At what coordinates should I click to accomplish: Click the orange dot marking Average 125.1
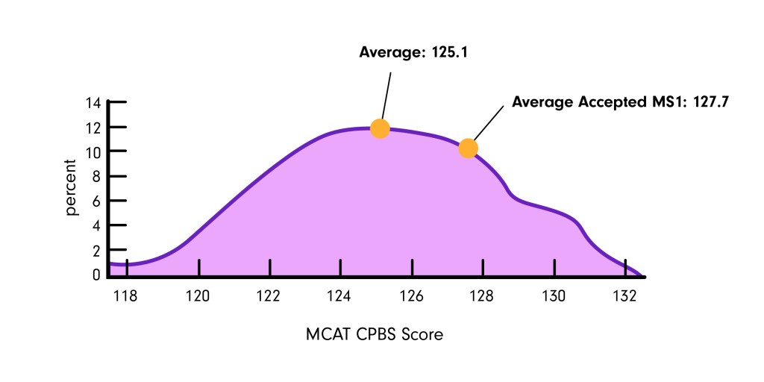coord(380,128)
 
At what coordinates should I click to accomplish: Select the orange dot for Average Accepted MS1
coord(468,148)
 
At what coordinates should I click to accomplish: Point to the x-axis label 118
coord(125,295)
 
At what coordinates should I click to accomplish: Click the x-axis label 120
coord(198,295)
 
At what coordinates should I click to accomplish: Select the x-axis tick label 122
coord(269,295)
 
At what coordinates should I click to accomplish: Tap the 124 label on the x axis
coord(339,295)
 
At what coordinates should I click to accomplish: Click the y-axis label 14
coord(94,103)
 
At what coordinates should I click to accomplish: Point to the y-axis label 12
coord(94,128)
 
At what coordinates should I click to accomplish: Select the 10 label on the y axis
coord(94,151)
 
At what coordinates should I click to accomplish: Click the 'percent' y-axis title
coord(72,187)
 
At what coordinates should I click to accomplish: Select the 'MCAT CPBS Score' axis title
coord(375,334)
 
